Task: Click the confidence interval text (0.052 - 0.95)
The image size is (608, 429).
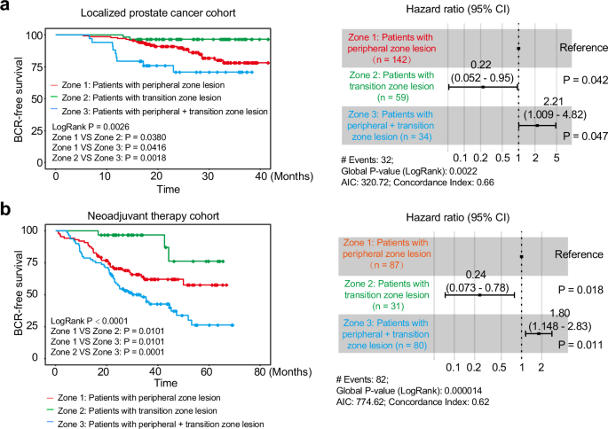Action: point(482,77)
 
